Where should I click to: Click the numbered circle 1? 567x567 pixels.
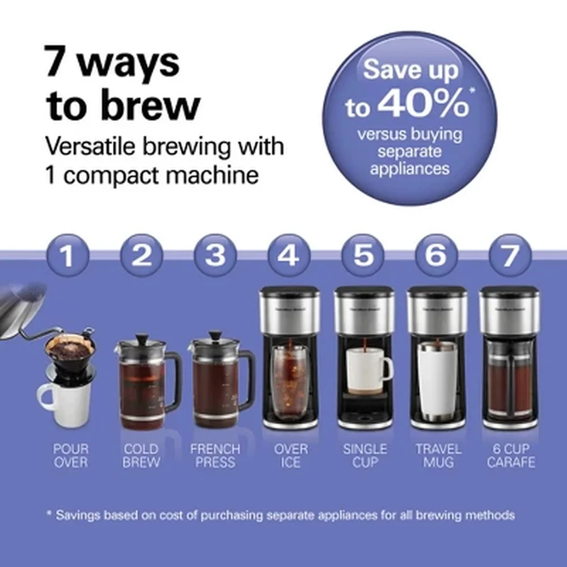(67, 256)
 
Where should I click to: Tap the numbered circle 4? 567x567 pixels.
(289, 256)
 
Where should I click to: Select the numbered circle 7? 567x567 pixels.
(510, 256)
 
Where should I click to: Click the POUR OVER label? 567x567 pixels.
(71, 456)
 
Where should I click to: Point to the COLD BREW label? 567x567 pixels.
(141, 456)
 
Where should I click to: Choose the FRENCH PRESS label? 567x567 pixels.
(215, 456)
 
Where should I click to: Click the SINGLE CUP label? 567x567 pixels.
(365, 456)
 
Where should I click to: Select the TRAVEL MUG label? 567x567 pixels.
(438, 456)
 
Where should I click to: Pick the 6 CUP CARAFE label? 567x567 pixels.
(510, 456)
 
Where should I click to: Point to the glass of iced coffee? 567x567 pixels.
(290, 377)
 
